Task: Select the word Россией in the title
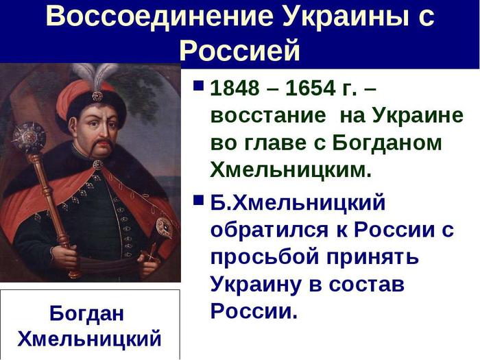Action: pos(239,49)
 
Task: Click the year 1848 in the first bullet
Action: pos(235,88)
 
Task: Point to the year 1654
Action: pos(311,88)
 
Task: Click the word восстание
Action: pos(268,117)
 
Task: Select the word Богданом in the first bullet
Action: pos(387,143)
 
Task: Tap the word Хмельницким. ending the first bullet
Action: pos(291,169)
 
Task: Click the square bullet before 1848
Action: pos(198,86)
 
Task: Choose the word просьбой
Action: pos(265,256)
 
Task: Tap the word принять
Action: pos(372,256)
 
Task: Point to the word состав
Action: pos(367,285)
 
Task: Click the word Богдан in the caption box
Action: pos(86,313)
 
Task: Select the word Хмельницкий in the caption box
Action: pos(89,339)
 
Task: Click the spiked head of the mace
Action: pos(29,137)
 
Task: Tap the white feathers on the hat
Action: pos(94,75)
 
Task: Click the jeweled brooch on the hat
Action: pos(97,97)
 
